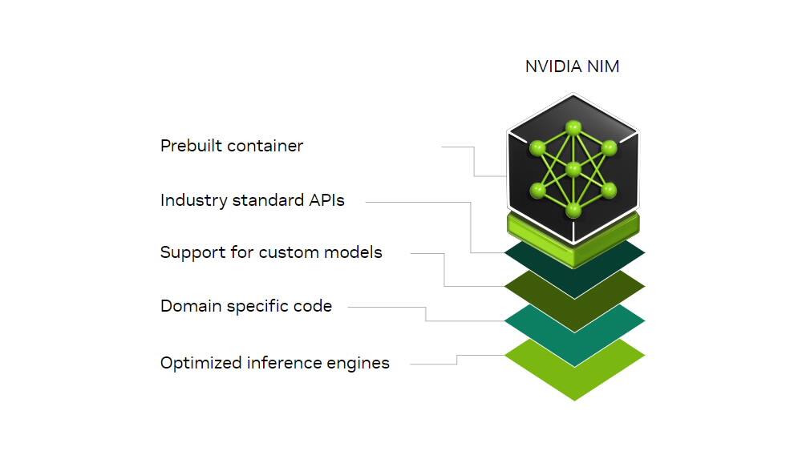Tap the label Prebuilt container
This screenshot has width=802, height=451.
[x=232, y=147]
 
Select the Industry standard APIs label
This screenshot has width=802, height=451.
[x=253, y=200]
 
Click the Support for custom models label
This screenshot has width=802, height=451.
[x=271, y=253]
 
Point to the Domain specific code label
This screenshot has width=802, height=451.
[x=246, y=306]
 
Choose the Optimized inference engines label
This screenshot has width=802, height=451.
[x=275, y=363]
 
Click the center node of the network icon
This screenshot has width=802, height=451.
[x=573, y=169]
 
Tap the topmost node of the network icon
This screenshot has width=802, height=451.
[x=573, y=127]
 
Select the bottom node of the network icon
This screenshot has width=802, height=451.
[x=573, y=210]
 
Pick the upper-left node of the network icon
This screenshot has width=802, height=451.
[x=537, y=148]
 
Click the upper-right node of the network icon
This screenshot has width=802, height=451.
[x=609, y=148]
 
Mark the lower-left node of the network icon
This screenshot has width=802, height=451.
[x=537, y=190]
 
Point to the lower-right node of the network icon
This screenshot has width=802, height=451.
[x=609, y=190]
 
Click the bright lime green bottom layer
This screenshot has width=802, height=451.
[x=574, y=377]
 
